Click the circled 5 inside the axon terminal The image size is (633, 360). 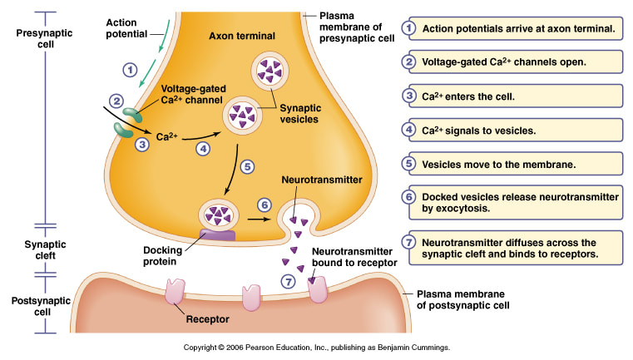(246, 165)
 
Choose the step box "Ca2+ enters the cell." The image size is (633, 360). (512, 96)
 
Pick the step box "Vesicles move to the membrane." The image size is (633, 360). (512, 164)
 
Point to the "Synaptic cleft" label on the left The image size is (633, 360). (32, 250)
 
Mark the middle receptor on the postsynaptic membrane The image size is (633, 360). (250, 296)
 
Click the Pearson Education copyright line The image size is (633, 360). (316, 348)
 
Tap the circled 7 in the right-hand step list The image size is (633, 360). (408, 243)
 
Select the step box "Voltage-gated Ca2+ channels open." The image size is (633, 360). (512, 62)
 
